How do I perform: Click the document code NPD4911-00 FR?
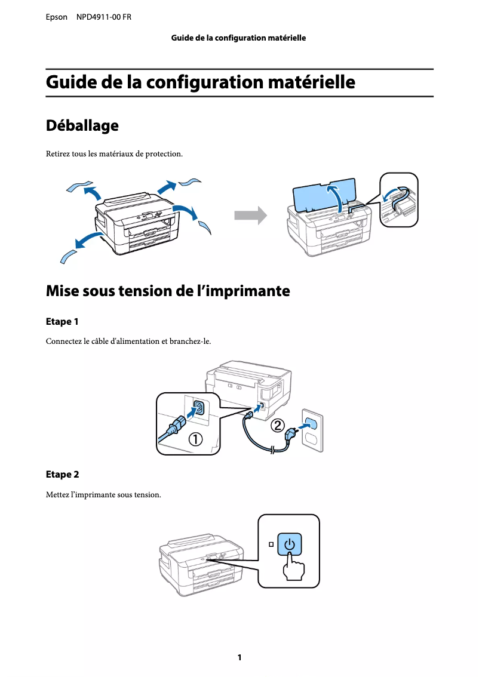pos(104,17)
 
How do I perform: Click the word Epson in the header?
pos(57,17)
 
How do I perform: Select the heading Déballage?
pos(82,126)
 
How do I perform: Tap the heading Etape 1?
pos(62,322)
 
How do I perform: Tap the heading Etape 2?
pos(62,475)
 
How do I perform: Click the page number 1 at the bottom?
pos(240,657)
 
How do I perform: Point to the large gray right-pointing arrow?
pos(250,216)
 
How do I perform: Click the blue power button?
pos(289,544)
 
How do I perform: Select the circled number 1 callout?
pos(195,441)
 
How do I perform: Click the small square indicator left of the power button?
pos(271,544)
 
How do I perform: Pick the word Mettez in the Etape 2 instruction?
pos(57,495)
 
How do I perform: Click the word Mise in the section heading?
pos(63,291)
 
